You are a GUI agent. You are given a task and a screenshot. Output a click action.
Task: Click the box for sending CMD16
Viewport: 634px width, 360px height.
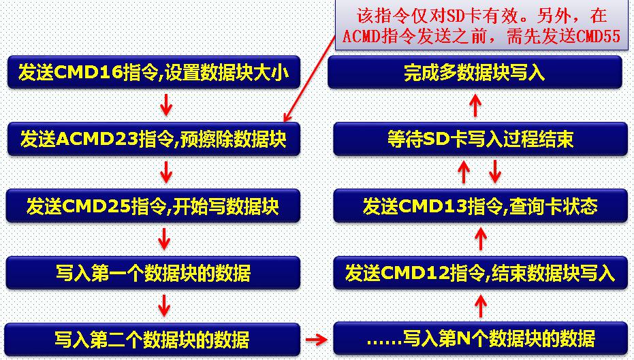[x=154, y=73]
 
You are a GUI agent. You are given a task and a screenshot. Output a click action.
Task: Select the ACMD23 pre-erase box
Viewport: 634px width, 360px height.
[x=154, y=139]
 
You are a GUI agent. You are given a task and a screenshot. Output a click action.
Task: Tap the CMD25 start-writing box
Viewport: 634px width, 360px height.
[x=153, y=206]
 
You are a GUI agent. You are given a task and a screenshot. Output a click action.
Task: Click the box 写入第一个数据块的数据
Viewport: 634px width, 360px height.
[x=153, y=273]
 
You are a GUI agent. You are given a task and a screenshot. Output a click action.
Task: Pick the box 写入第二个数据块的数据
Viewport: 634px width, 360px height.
[x=152, y=340]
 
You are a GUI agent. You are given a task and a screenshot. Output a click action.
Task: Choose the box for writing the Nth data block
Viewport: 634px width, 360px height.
[x=480, y=339]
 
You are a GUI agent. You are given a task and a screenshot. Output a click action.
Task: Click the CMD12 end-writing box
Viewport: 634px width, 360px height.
[x=480, y=273]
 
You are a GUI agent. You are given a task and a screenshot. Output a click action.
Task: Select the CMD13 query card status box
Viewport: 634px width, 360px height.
[x=480, y=206]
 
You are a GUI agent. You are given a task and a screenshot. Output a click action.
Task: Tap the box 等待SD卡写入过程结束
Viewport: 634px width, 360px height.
[x=480, y=139]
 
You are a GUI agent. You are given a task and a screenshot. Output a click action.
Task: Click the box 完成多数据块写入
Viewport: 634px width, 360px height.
[x=475, y=73]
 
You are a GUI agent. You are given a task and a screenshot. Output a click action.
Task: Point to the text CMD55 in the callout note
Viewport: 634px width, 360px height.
[x=598, y=36]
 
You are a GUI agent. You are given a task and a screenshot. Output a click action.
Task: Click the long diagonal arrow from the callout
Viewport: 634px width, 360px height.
[x=310, y=78]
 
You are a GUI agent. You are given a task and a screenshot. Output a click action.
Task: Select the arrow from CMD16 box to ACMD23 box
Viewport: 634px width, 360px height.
[x=165, y=105]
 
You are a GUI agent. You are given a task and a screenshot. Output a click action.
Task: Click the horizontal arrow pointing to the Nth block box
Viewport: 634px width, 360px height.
[x=316, y=340]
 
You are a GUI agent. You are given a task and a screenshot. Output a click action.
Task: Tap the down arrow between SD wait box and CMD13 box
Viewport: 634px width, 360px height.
[x=495, y=171]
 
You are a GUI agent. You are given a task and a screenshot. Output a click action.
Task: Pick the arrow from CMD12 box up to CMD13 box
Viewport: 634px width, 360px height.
[x=480, y=238]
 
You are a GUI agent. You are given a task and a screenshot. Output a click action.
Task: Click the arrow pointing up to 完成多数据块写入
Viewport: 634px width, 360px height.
[x=475, y=106]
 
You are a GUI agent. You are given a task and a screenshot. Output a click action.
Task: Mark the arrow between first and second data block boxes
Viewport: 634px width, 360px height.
[x=163, y=306]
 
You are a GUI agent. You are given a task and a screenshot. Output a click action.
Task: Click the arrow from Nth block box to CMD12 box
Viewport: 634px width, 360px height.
[x=480, y=306]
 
